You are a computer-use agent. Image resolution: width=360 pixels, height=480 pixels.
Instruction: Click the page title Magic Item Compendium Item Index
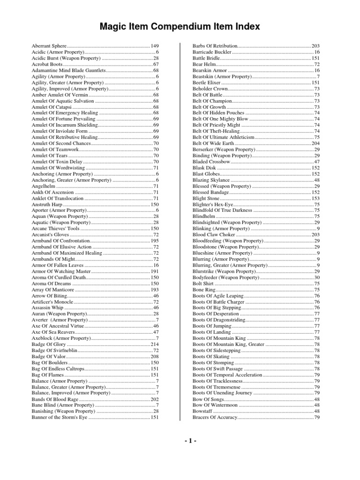[x=180, y=27]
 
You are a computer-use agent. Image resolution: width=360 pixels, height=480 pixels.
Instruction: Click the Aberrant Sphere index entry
[x=49, y=45]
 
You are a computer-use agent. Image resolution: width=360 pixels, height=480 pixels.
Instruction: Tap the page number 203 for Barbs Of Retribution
[x=315, y=45]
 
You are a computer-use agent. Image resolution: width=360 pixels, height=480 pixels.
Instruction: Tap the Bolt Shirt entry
[x=203, y=284]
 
